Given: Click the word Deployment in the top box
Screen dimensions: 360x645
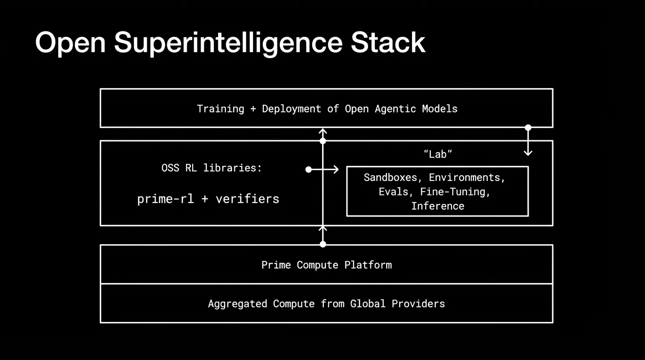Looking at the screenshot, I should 291,109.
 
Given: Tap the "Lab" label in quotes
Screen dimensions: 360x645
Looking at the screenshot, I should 437,154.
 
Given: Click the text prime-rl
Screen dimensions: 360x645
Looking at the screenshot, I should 165,199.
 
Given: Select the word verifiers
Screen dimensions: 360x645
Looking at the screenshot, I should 247,199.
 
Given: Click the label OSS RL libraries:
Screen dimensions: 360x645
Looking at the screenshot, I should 211,168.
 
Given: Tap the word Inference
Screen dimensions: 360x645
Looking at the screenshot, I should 438,206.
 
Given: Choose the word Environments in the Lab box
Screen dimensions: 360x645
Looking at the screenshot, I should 467,178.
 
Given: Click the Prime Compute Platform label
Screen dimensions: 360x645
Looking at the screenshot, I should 326,265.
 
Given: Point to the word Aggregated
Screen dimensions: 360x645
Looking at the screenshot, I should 238,304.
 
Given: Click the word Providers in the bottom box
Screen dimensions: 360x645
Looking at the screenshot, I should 418,304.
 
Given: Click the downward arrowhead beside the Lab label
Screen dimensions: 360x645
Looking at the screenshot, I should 528,152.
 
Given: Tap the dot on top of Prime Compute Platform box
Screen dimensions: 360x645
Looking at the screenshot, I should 322,244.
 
